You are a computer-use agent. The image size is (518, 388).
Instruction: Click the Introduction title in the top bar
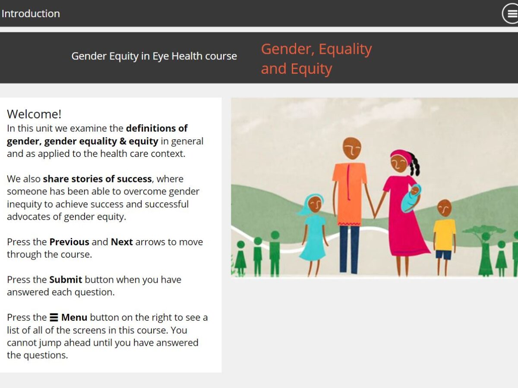point(31,14)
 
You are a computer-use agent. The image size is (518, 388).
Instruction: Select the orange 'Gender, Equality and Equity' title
point(316,59)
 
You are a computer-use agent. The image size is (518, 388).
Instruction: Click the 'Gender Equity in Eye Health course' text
point(154,56)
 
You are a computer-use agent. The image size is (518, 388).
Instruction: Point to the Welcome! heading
point(34,114)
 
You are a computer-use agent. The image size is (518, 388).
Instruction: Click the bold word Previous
point(69,242)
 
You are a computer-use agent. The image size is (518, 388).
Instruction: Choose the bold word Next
point(122,242)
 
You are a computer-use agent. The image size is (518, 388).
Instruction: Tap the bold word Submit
point(66,280)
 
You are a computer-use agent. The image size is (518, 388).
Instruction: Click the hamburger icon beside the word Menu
point(54,318)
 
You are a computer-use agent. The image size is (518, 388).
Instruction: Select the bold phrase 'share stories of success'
point(97,179)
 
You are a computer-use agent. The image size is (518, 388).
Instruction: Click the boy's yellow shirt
point(444,235)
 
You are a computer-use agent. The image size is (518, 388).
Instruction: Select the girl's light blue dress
point(314,238)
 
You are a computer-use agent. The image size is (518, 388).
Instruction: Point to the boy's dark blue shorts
point(444,255)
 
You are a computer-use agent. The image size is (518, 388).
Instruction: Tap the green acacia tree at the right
point(484,250)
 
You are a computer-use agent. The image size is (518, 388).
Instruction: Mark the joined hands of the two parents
point(375,214)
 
